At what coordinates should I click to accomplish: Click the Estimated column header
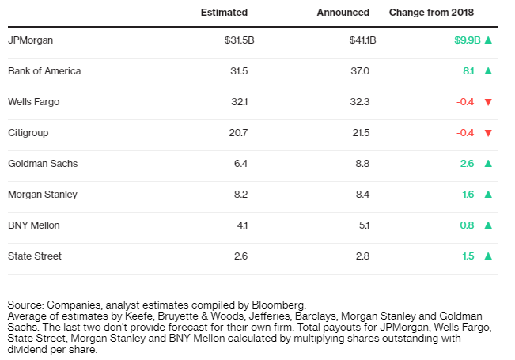(x=224, y=13)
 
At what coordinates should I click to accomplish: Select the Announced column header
(x=343, y=13)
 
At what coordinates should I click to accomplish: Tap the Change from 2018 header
(x=432, y=13)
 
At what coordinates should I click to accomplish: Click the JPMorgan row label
(x=30, y=40)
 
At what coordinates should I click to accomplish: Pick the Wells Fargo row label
(x=33, y=102)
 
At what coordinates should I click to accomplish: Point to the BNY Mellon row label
(x=34, y=225)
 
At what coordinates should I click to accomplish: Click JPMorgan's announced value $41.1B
(x=362, y=40)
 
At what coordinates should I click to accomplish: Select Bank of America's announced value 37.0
(x=360, y=71)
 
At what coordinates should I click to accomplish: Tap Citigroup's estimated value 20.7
(x=238, y=133)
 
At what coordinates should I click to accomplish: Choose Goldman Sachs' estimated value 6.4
(x=240, y=164)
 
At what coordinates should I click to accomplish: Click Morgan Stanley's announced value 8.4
(x=362, y=195)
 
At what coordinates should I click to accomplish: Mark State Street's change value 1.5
(x=468, y=256)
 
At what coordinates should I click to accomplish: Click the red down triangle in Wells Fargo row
(x=488, y=102)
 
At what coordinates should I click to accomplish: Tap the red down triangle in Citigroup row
(x=488, y=133)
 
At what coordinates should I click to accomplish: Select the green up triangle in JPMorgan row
(x=488, y=40)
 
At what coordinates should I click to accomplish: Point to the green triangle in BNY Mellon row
(x=488, y=225)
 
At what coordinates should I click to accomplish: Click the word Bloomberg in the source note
(x=278, y=305)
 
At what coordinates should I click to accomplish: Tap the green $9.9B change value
(x=468, y=40)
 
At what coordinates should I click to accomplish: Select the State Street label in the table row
(x=35, y=256)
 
